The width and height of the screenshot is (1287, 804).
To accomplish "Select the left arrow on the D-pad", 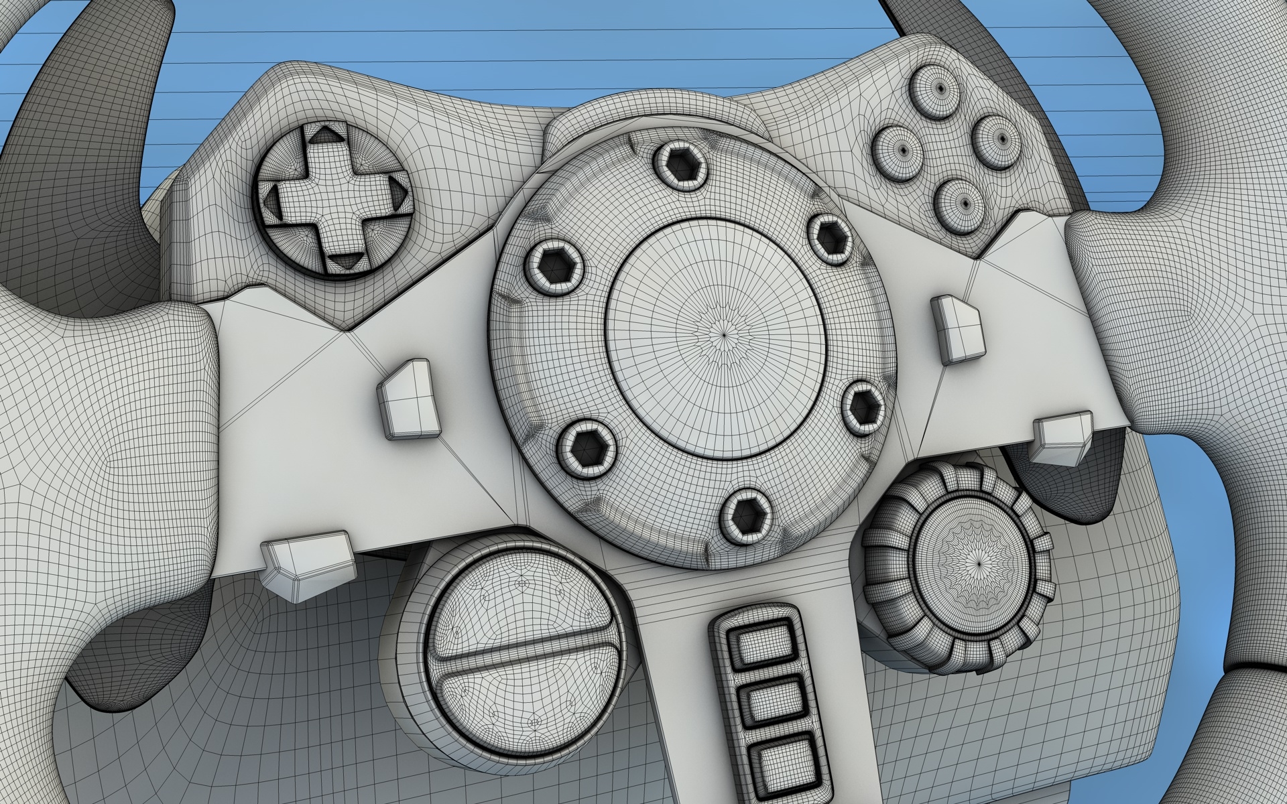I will click(x=273, y=196).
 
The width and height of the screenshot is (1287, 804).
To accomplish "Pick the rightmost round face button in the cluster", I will click(x=999, y=138).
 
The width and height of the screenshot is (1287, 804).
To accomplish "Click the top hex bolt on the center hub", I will click(x=680, y=163).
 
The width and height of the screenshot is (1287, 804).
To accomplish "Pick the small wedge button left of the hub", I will click(x=407, y=401).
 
